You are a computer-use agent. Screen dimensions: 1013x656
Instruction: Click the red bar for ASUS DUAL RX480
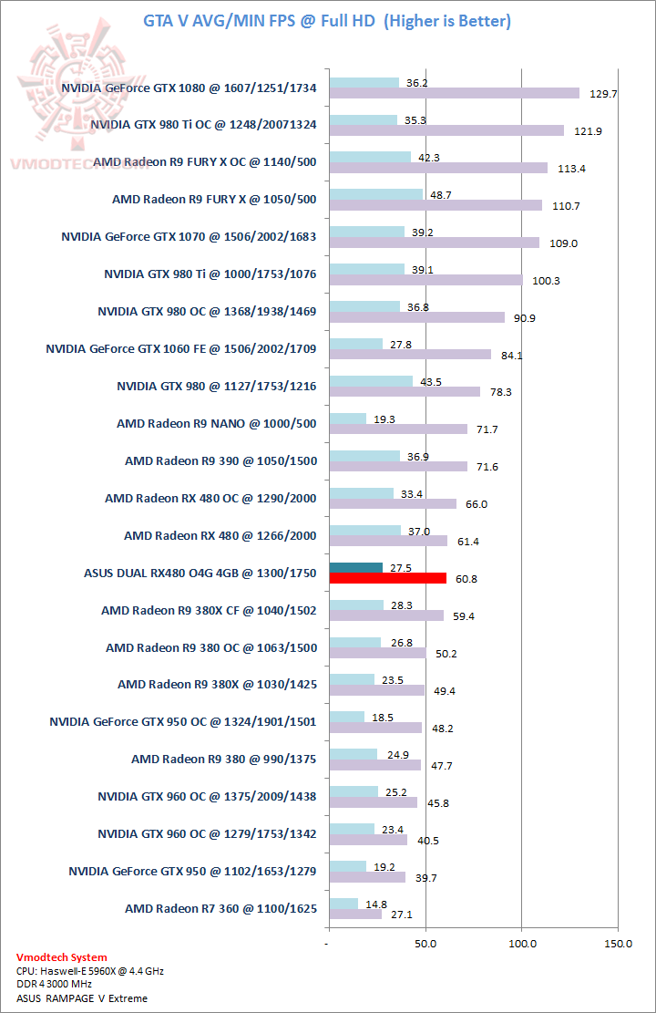tap(387, 578)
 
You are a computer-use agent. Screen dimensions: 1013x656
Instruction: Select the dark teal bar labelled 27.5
tap(355, 567)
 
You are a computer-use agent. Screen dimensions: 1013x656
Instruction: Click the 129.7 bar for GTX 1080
tap(454, 93)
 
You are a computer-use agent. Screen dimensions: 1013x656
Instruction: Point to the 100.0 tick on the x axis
tap(522, 943)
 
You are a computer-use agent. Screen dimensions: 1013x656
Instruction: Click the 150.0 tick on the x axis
tap(618, 943)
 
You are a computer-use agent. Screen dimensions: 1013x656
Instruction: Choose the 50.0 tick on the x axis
tap(425, 943)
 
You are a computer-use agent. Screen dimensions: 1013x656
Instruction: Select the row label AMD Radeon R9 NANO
tap(217, 423)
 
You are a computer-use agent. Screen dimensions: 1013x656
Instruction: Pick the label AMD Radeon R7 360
tap(220, 908)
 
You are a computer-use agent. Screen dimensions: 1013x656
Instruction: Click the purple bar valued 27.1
tap(354, 914)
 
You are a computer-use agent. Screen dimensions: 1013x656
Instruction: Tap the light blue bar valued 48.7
tap(375, 193)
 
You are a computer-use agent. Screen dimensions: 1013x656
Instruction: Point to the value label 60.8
tap(464, 579)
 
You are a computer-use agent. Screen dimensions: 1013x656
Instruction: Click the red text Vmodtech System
tap(62, 957)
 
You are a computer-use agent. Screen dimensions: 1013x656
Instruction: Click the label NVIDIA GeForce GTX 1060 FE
tap(181, 348)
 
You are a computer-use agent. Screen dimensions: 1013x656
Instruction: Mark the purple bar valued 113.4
tap(438, 168)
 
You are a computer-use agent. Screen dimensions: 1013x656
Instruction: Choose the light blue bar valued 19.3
tap(347, 418)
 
